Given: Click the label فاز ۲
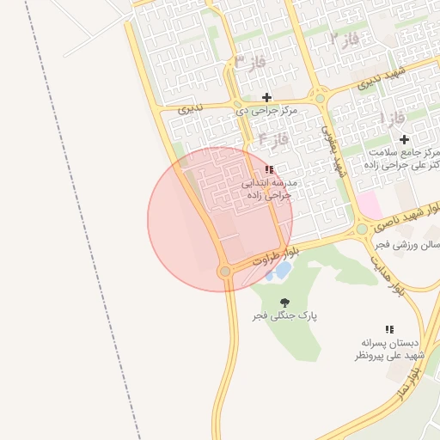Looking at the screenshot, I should point(344,39).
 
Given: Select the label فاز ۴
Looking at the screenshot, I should point(272,138).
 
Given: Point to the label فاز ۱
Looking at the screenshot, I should point(394,117).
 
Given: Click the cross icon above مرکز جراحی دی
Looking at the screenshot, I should point(266,97).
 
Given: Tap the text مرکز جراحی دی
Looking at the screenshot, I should point(266,111).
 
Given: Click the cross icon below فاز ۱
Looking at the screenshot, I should point(403,138).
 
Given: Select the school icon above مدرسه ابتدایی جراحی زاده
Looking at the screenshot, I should point(269,169).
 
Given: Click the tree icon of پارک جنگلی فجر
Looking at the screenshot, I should point(284,302).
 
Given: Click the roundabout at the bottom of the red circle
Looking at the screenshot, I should point(225,272).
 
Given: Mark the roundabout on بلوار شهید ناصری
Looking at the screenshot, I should point(362,229).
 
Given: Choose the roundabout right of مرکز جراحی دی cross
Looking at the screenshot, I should point(320,98).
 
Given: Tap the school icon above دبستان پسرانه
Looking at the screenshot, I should point(389,328).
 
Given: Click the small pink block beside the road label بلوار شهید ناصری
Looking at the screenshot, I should point(370,205).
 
